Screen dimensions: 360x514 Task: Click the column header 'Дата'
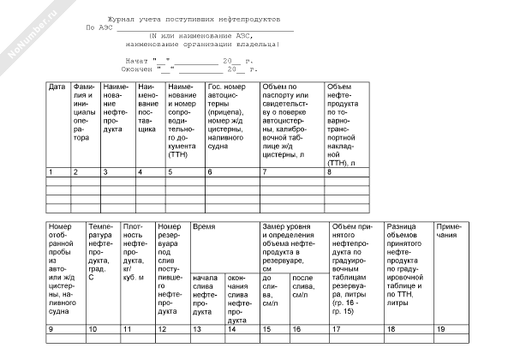(57, 87)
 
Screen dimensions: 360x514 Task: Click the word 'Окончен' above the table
(140, 69)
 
